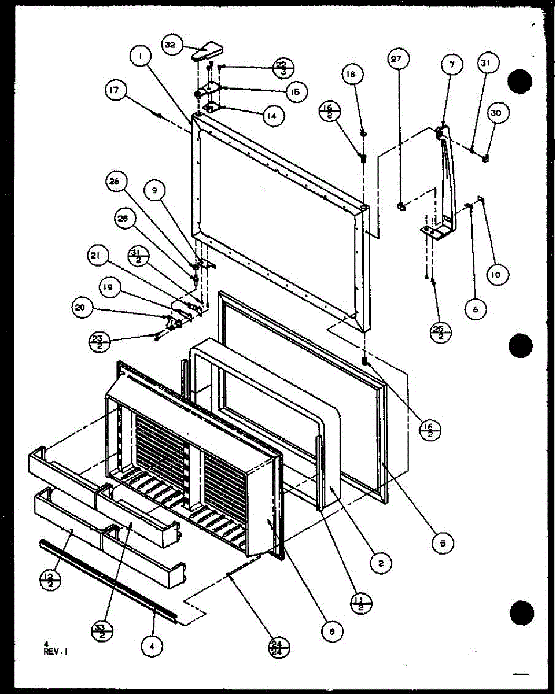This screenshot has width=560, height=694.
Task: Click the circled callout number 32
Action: [172, 45]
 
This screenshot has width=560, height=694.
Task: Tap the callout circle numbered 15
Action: [296, 91]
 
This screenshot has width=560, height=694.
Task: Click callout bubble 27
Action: [398, 60]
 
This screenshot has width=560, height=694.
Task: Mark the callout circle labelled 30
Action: [496, 113]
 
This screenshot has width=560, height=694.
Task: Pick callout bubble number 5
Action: [442, 542]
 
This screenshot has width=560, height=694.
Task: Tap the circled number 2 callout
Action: [381, 562]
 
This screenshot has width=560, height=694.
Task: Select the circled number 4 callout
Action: [151, 648]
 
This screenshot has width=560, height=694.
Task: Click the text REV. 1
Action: [56, 651]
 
